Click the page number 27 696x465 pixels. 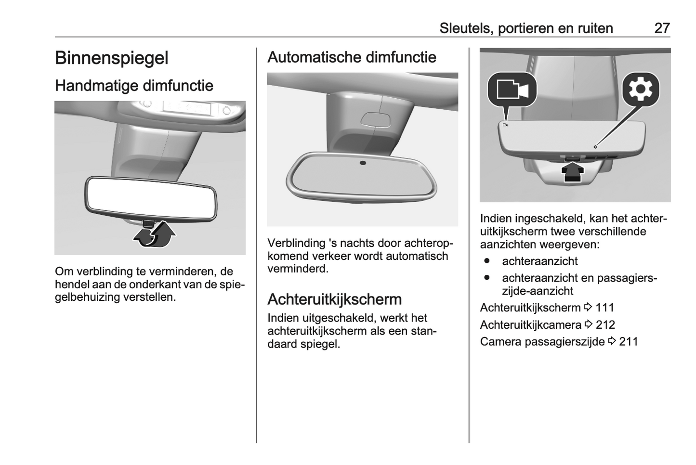[662, 28]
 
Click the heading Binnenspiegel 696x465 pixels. [112, 58]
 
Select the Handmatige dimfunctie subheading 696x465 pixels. [134, 86]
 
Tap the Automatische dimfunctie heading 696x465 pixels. [352, 57]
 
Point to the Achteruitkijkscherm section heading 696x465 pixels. [335, 299]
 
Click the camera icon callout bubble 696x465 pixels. [512, 90]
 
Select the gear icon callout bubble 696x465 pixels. [641, 90]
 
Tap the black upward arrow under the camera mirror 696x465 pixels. [572, 173]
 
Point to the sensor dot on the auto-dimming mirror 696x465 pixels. [363, 163]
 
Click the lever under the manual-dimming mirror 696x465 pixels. [149, 223]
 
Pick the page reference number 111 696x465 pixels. [604, 308]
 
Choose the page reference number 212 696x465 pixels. [605, 325]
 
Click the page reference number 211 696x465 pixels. [629, 342]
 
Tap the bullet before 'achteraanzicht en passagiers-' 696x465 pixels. [487, 277]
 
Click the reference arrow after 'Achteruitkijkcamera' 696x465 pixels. [588, 324]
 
